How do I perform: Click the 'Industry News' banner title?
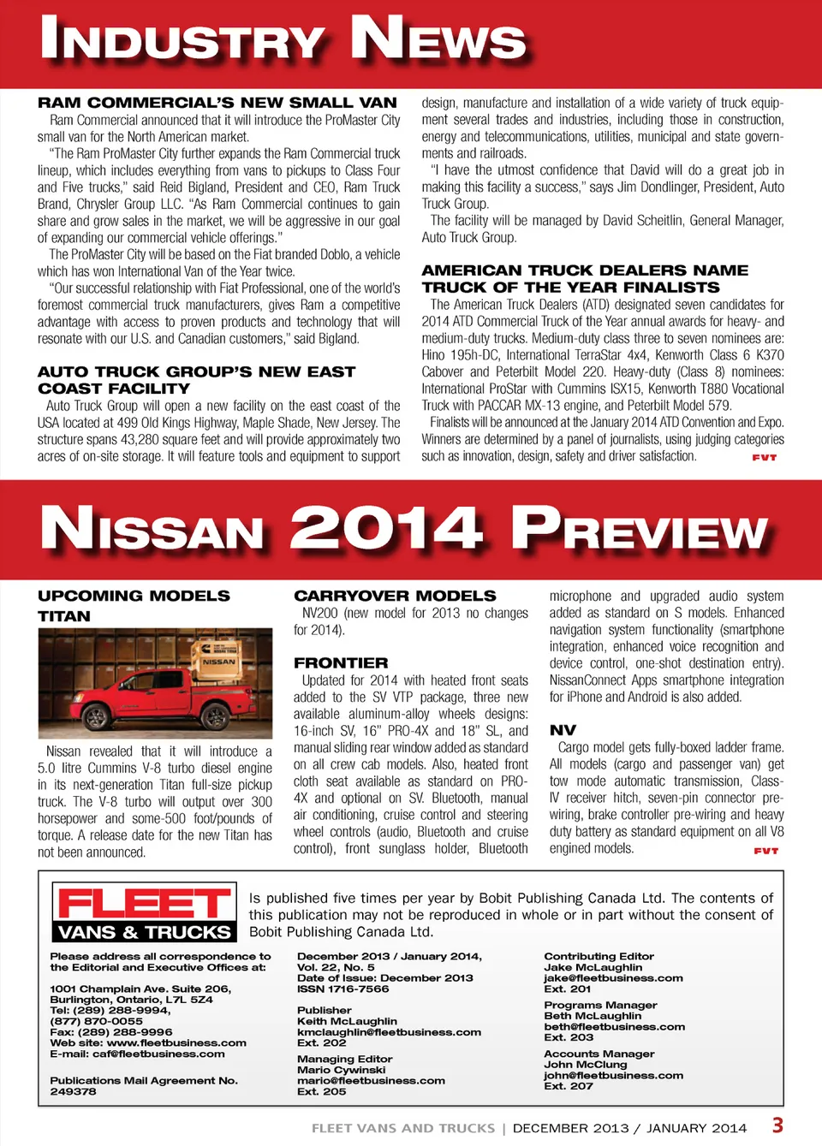(x=283, y=39)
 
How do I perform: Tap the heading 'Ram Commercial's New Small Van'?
(x=217, y=103)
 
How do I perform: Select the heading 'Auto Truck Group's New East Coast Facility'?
(x=196, y=380)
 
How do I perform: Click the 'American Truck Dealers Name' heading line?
(x=585, y=270)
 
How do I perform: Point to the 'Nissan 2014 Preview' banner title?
(x=403, y=529)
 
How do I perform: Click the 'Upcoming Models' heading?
(x=134, y=596)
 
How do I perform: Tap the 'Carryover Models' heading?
(x=395, y=596)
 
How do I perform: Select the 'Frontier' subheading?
(x=341, y=662)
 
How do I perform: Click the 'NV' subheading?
(x=563, y=730)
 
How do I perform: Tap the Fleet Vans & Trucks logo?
(x=143, y=912)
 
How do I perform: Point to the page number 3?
(x=777, y=1125)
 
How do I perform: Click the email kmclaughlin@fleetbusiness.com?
(x=389, y=1032)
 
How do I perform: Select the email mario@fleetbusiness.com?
(x=371, y=1081)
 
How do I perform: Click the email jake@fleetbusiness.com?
(x=613, y=978)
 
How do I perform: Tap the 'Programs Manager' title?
(x=600, y=1006)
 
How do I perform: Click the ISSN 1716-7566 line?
(x=342, y=989)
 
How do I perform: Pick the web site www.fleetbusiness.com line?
(x=148, y=1043)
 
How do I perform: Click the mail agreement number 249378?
(x=73, y=1092)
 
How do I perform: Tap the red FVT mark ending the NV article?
(x=765, y=851)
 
